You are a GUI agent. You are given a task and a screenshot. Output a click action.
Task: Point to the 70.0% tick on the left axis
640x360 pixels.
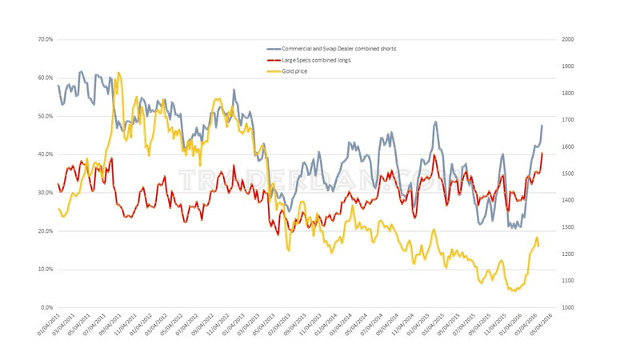click(44, 39)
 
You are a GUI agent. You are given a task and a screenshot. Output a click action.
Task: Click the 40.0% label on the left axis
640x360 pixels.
click(44, 154)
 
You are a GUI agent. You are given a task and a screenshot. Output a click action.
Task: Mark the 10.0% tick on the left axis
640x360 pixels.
click(44, 270)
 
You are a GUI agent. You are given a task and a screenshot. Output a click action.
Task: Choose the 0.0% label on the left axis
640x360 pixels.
click(46, 308)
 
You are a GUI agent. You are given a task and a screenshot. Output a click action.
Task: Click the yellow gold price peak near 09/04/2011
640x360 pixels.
click(119, 73)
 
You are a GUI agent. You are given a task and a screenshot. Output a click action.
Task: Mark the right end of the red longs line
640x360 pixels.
click(542, 153)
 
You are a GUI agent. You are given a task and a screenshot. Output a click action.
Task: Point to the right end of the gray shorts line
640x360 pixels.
click(542, 126)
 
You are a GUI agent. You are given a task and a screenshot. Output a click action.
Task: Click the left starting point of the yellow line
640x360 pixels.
click(58, 209)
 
